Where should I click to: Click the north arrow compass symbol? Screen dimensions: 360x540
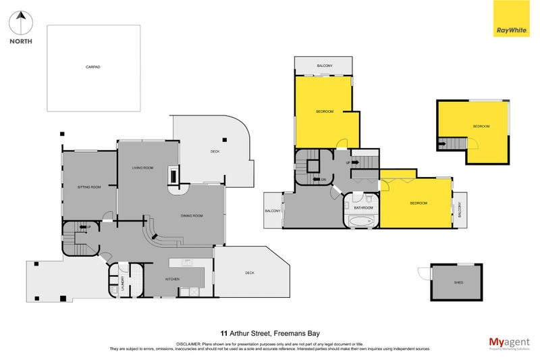20,24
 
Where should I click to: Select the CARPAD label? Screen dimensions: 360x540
93,68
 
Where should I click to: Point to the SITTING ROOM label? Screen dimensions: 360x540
90,186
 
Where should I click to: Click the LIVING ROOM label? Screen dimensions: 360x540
142,168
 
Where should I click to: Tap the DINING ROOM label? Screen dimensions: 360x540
192,215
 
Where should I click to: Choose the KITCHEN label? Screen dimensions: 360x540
173,278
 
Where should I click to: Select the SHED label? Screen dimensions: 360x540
458,282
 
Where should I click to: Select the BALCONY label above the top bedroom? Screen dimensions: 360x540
325,66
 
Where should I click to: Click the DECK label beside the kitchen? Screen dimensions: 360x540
249,273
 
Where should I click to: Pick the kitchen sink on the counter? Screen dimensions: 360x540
188,262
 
